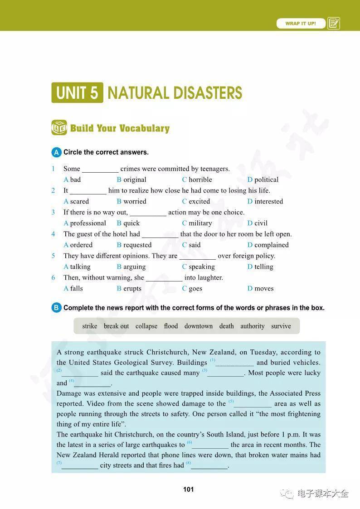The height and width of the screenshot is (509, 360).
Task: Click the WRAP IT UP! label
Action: pos(301,24)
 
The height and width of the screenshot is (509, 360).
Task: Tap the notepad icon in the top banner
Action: pos(334,24)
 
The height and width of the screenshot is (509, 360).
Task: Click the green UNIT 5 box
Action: pos(77,93)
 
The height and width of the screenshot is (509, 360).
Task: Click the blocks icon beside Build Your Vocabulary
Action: pos(59,128)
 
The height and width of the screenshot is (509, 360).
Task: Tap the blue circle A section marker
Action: pos(56,152)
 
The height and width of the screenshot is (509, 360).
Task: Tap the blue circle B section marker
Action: pos(56,308)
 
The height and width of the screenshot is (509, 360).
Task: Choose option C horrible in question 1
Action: pos(197,179)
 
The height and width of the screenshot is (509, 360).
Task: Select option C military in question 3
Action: pos(197,223)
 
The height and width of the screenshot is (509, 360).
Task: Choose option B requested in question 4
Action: pos(134,245)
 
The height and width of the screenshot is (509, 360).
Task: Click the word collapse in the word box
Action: pos(146,326)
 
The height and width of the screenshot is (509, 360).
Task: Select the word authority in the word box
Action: pos(252,326)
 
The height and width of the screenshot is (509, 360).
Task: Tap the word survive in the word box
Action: pos(281,326)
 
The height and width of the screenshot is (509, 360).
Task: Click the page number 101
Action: pos(189,489)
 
